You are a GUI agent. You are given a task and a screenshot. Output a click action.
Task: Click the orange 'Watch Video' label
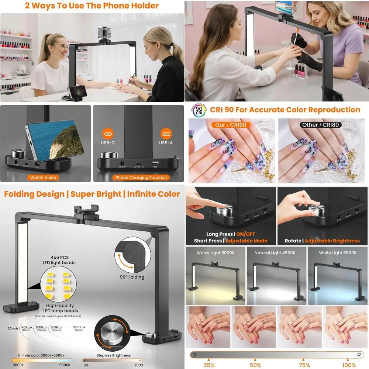click(43, 177)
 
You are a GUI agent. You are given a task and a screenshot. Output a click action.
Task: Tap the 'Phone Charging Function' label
click(141, 177)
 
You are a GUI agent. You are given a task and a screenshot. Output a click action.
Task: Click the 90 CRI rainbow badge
click(199, 110)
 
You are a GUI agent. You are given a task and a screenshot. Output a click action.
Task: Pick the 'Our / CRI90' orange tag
click(231, 125)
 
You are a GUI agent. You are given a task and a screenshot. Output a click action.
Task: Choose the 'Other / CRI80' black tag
click(320, 125)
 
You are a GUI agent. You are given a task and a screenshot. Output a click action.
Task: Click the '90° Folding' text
click(132, 277)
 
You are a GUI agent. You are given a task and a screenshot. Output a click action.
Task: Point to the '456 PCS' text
click(58, 258)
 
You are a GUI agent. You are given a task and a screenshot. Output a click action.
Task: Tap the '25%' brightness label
click(209, 365)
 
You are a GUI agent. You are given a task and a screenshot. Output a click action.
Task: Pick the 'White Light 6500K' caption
click(338, 253)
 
